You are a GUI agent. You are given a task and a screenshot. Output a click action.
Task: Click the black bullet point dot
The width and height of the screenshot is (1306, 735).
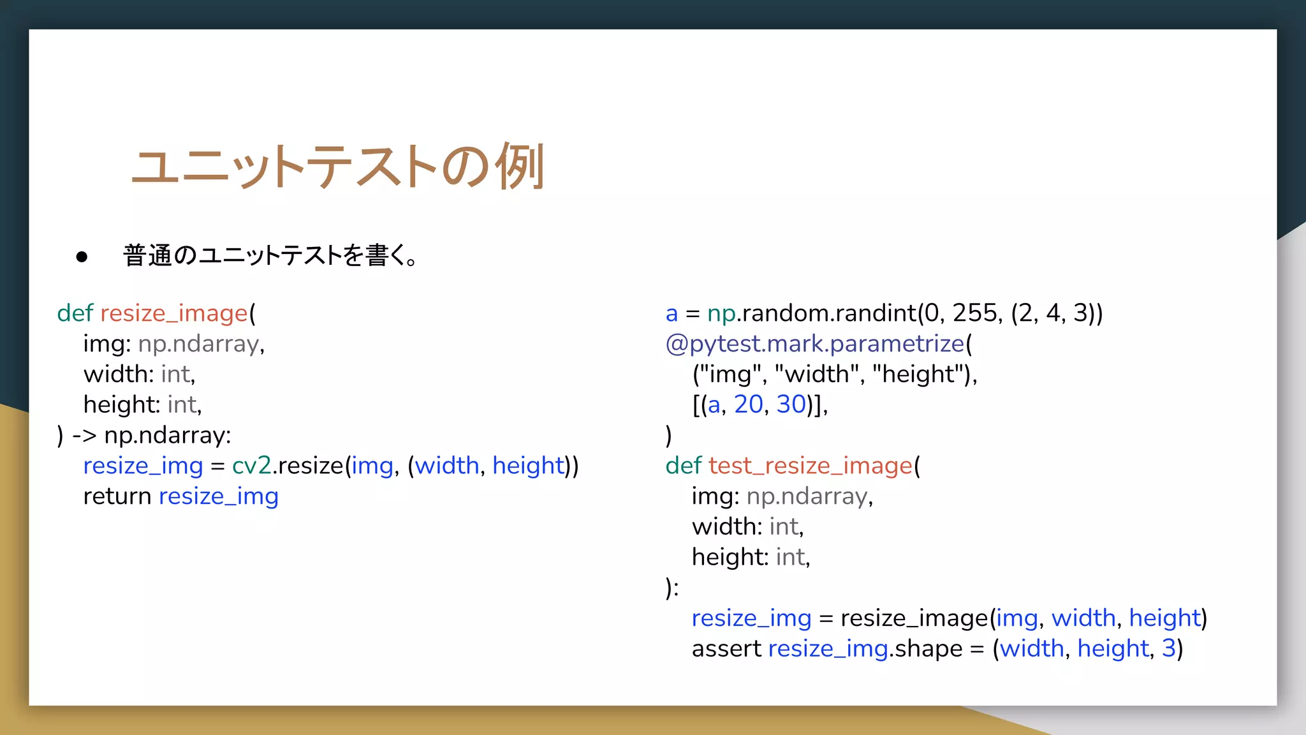pyautogui.click(x=82, y=257)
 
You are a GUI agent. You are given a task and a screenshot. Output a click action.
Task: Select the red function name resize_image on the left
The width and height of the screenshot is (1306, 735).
pyautogui.click(x=173, y=313)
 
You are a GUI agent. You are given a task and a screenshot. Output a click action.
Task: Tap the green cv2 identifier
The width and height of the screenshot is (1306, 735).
pyautogui.click(x=251, y=466)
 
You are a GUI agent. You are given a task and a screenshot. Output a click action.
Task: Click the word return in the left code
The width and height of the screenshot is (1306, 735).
pyautogui.click(x=117, y=496)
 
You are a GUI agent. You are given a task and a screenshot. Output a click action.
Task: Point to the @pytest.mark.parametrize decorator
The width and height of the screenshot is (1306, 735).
pyautogui.click(x=815, y=344)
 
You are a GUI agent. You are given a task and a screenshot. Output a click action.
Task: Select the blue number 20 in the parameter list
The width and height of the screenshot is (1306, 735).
pyautogui.click(x=748, y=405)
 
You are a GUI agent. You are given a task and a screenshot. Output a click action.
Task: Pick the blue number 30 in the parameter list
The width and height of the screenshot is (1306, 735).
pyautogui.click(x=791, y=405)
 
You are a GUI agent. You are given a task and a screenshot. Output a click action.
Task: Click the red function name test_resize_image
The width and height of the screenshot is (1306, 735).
pyautogui.click(x=810, y=466)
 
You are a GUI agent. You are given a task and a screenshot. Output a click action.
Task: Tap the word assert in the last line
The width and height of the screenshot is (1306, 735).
pyautogui.click(x=726, y=649)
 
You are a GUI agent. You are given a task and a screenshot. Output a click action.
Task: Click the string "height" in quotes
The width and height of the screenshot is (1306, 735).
pyautogui.click(x=918, y=374)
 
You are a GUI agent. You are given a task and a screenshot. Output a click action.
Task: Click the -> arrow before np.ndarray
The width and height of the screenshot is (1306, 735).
pyautogui.click(x=84, y=436)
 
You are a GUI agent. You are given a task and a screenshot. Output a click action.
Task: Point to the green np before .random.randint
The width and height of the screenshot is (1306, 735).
pyautogui.click(x=721, y=314)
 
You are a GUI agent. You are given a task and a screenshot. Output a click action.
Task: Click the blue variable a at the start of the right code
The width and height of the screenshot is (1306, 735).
pyautogui.click(x=671, y=314)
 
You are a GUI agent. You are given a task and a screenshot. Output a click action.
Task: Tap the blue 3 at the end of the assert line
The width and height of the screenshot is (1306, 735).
pyautogui.click(x=1168, y=649)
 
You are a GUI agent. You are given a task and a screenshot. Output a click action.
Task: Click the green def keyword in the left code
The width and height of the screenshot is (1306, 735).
pyautogui.click(x=75, y=313)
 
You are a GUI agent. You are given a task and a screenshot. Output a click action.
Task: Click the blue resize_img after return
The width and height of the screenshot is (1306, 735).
pyautogui.click(x=218, y=496)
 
